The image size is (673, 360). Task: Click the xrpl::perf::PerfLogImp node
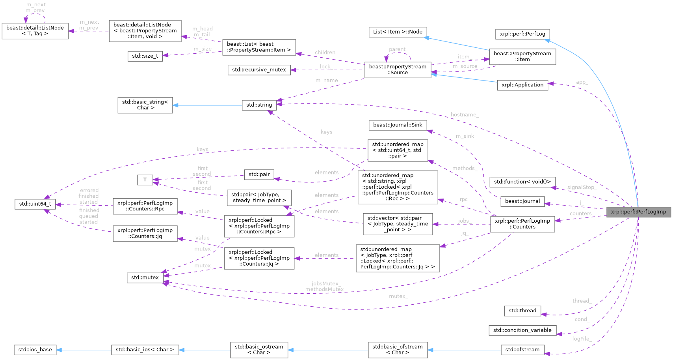click(x=638, y=212)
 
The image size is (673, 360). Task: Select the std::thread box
click(x=522, y=311)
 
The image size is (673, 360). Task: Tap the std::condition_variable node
click(x=522, y=330)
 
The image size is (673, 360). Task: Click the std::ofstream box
click(x=522, y=350)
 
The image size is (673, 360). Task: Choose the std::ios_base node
click(x=35, y=350)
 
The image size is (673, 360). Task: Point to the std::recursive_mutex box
click(x=259, y=70)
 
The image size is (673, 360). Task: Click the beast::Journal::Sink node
click(x=398, y=125)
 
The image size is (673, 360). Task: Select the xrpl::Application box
click(x=522, y=85)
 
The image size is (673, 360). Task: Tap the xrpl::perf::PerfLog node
click(x=522, y=34)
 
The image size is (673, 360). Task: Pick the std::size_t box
click(x=145, y=56)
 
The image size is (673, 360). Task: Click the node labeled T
click(x=145, y=180)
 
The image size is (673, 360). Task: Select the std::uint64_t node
click(x=35, y=204)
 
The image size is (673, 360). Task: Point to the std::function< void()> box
click(x=522, y=182)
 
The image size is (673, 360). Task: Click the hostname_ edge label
click(x=465, y=114)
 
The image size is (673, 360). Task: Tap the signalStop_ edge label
click(x=582, y=187)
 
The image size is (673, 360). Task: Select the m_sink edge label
click(x=465, y=136)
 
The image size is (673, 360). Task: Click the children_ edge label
click(x=326, y=52)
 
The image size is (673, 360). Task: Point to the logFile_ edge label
click(x=582, y=339)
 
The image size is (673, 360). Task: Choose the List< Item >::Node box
click(x=398, y=32)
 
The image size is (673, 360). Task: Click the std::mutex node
click(x=145, y=278)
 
